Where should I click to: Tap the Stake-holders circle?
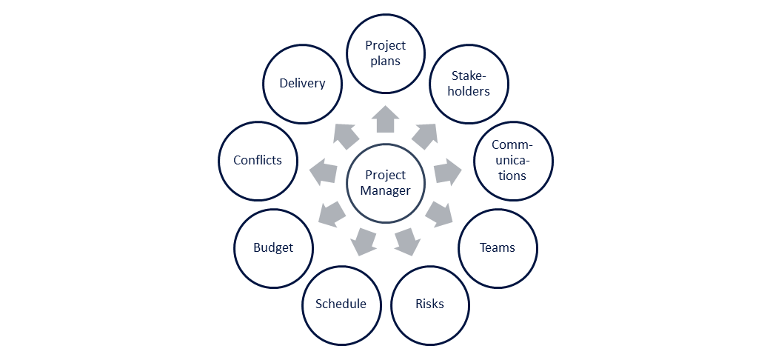469,84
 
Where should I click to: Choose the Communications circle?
512,160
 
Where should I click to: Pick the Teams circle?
498,247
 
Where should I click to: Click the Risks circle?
429,304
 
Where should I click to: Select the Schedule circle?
341,304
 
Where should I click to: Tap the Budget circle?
273,247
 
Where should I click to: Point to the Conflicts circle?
258,160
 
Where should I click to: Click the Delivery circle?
302,84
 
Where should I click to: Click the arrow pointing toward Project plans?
386,119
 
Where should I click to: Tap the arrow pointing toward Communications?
447,171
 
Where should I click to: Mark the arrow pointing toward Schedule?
363,241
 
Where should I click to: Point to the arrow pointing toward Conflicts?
323,171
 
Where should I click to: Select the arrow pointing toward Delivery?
346,134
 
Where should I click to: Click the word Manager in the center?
386,190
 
